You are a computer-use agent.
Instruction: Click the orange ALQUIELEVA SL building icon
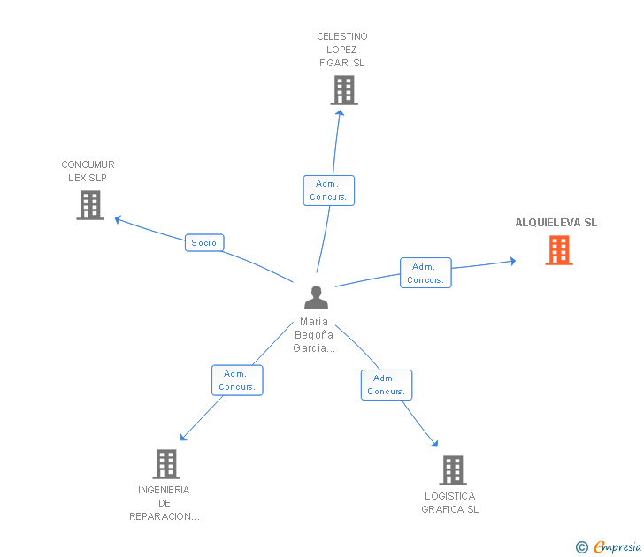(559, 250)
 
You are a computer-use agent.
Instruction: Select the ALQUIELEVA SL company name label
(556, 223)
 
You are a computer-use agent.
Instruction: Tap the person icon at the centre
(317, 297)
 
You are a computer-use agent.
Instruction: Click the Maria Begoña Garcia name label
(314, 335)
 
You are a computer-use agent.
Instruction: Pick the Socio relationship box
(204, 242)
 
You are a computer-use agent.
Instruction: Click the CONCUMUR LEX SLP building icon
(90, 205)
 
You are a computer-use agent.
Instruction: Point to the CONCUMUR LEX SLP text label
(88, 172)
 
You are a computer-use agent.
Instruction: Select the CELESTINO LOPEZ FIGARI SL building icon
(344, 90)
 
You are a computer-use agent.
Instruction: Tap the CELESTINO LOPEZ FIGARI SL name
(342, 50)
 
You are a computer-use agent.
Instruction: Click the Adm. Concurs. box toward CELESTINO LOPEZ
(328, 190)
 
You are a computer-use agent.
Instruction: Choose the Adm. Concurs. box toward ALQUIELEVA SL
(425, 273)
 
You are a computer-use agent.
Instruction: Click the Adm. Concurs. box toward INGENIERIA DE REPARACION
(237, 380)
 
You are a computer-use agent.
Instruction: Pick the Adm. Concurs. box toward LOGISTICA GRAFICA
(387, 385)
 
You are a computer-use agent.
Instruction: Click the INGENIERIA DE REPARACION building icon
(166, 464)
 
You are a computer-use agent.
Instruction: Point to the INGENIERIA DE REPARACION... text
(165, 503)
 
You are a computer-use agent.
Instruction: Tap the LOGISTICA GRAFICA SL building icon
(453, 470)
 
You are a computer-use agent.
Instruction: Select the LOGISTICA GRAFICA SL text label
(450, 503)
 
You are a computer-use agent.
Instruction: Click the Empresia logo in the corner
(609, 547)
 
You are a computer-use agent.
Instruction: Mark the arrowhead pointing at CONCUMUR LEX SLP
(118, 219)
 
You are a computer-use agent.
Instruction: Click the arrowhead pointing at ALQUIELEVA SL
(513, 261)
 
